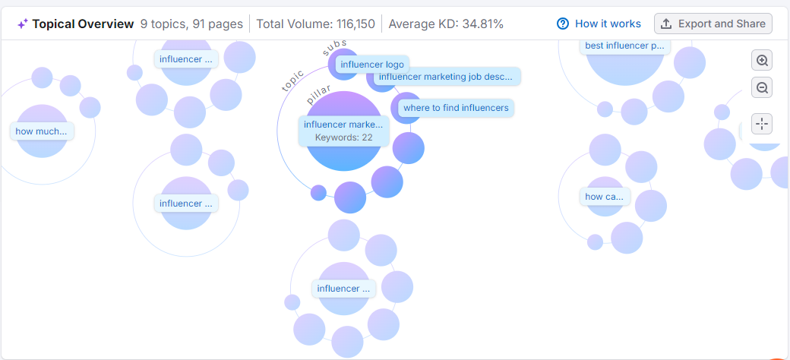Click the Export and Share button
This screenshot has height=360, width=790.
[713, 24]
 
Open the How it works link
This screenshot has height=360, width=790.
[607, 24]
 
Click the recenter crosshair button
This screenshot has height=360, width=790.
[762, 123]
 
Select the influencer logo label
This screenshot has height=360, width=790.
[372, 65]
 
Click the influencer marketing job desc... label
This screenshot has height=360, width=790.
[446, 77]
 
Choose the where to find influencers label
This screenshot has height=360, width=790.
[456, 108]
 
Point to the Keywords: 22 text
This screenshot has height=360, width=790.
[344, 137]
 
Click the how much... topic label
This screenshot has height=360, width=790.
[41, 131]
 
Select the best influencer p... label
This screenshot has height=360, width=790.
[624, 46]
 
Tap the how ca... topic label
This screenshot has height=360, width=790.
[605, 197]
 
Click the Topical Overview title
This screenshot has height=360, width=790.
[83, 24]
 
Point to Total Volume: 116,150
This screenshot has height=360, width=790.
[315, 24]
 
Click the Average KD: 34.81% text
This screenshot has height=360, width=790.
[446, 24]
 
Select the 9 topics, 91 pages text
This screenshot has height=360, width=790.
[191, 24]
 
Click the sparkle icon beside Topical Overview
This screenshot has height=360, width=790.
[23, 24]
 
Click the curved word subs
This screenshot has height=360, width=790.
[335, 48]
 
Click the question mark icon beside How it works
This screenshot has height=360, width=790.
[563, 24]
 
